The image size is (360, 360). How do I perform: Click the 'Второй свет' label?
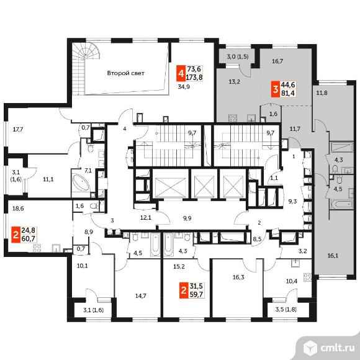[125, 73]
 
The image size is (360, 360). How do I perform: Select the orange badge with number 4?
[181, 73]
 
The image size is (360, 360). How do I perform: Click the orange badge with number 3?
[276, 89]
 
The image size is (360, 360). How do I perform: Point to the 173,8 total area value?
[194, 78]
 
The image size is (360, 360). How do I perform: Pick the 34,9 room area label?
[184, 87]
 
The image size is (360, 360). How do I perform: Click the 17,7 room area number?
[18, 130]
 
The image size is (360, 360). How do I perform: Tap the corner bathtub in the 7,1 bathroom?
[80, 183]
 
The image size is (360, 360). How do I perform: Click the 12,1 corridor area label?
[146, 218]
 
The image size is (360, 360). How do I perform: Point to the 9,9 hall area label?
[187, 218]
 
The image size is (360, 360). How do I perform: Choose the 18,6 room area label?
[18, 209]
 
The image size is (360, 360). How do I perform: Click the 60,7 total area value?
[28, 239]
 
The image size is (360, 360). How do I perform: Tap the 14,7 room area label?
[140, 296]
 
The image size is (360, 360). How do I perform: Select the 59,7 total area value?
[197, 295]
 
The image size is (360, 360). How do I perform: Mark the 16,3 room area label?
[238, 277]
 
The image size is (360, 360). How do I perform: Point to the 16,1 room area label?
[333, 256]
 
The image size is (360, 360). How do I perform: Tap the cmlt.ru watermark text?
[338, 348]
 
